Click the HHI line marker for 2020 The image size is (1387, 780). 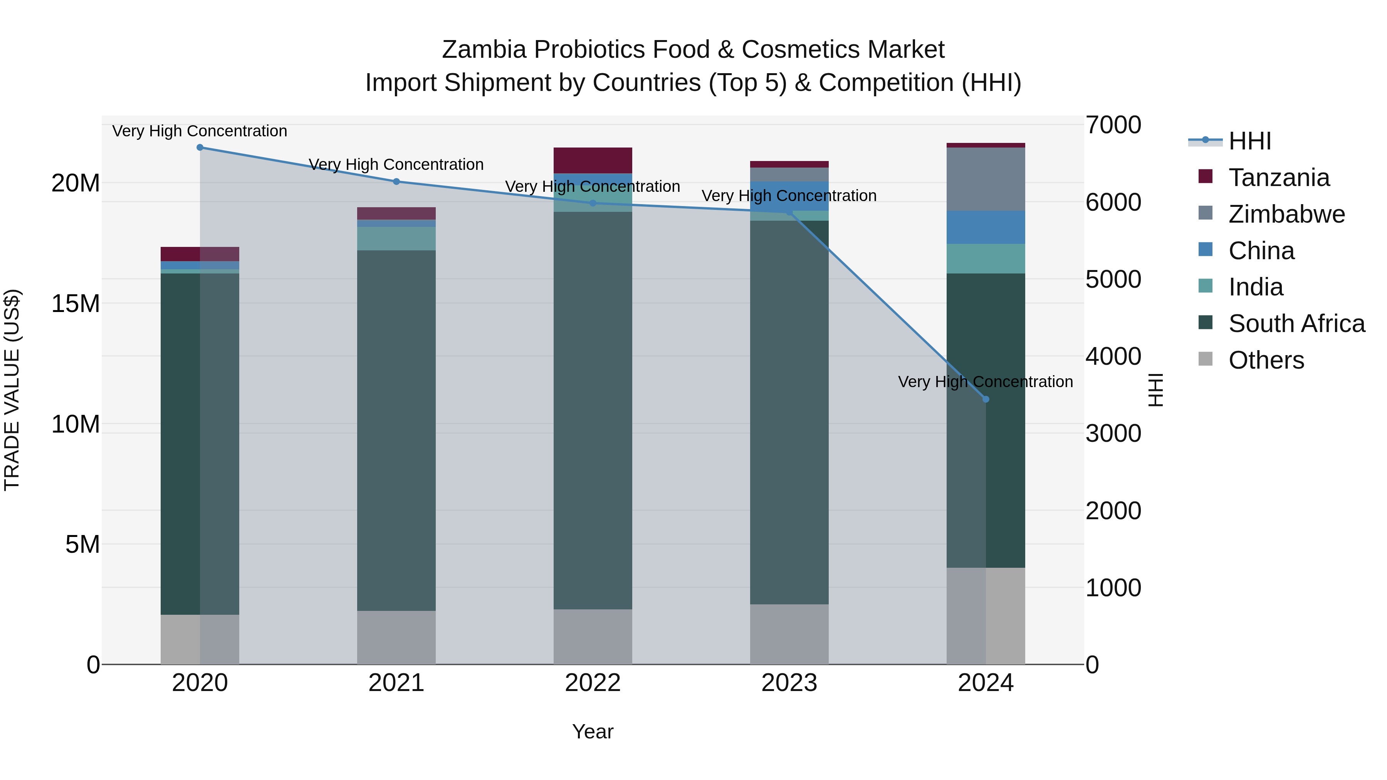(200, 148)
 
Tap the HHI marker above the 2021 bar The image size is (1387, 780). (396, 181)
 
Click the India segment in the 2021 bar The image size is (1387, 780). (396, 238)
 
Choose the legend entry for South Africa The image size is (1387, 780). (1296, 324)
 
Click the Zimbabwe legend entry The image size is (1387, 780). (1286, 214)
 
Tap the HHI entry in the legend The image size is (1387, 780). (1249, 141)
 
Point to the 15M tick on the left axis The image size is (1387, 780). (76, 304)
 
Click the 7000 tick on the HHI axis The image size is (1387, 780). (1113, 125)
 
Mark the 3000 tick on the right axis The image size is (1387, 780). (1113, 434)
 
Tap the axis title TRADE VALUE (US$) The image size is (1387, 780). (12, 390)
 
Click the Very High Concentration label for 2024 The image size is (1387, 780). (985, 382)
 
